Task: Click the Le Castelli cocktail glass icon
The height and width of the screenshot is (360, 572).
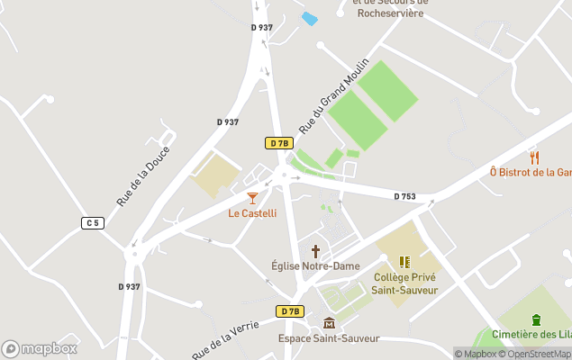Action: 252,198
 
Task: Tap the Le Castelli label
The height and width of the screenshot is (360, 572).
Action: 252,213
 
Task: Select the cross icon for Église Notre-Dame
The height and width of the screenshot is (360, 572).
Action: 315,251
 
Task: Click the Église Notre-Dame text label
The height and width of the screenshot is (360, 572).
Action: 315,266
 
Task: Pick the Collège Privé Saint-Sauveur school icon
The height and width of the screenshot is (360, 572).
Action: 404,262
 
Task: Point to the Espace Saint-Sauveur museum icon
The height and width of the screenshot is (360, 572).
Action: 329,323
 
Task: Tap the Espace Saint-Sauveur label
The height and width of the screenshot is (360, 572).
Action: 329,338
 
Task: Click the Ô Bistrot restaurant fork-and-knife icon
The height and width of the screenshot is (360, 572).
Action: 533,157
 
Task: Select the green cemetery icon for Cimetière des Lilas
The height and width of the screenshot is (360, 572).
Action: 536,319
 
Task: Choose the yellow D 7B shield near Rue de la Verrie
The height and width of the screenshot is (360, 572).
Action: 288,311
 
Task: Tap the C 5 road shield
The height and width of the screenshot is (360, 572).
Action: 93,222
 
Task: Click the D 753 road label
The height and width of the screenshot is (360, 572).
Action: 404,196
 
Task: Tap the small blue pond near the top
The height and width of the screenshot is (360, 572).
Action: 309,19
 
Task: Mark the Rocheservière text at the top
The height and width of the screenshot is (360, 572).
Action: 390,13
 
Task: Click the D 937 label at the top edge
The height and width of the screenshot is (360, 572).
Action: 261,28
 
